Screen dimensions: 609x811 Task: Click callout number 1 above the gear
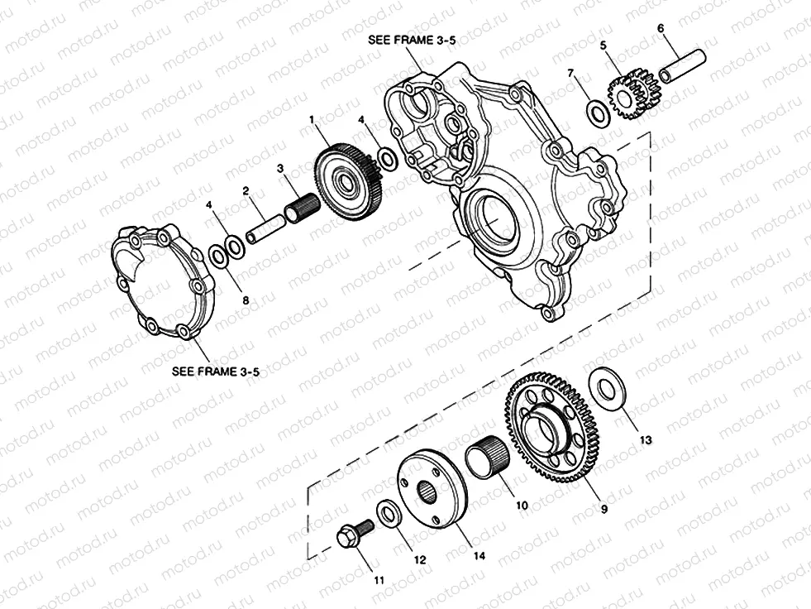(312, 120)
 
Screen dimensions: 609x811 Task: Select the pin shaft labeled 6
(682, 66)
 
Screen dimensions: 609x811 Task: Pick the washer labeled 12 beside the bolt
(389, 514)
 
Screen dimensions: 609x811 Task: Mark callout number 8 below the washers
(245, 300)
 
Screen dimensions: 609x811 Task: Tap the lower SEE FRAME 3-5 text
(216, 372)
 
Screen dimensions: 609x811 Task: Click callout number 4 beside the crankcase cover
(361, 120)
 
